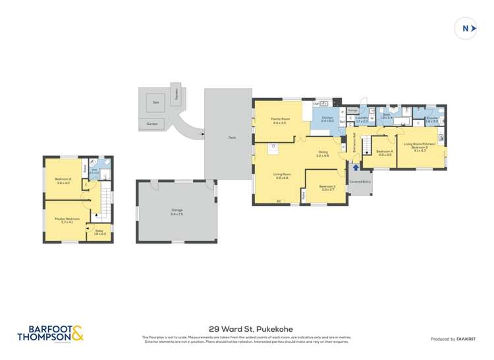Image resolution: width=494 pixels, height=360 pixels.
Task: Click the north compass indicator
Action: pos(466,28)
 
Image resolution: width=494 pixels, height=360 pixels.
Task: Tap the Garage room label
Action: pos(177,211)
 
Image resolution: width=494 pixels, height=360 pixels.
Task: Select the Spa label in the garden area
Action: pos(155,103)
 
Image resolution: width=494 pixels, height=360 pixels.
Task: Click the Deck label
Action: pos(232,138)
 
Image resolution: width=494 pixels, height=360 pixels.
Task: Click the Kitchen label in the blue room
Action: pos(327,118)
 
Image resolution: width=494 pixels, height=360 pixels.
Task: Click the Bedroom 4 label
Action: pos(385,152)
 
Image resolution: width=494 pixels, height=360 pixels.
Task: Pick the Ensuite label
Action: pos(432,119)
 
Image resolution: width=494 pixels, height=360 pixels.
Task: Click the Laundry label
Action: pos(362,119)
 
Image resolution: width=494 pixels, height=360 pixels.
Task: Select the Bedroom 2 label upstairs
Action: pos(63,180)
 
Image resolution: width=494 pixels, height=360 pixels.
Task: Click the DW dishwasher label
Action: pos(316,103)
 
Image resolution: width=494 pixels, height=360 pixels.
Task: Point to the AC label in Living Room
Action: pos(279,201)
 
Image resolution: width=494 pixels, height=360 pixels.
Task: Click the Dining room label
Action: pos(322,154)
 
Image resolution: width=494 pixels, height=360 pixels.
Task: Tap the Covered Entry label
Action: pos(360,181)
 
